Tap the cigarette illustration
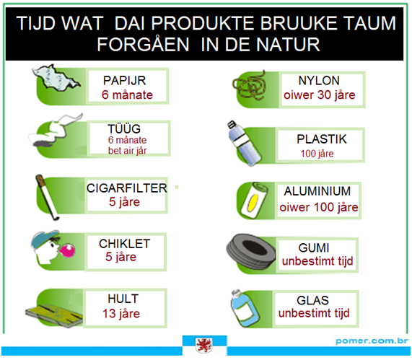(48, 197)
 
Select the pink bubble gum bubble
(67, 250)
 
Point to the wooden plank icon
(54, 315)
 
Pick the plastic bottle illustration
(244, 144)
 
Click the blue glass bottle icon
(245, 308)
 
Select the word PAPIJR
(124, 80)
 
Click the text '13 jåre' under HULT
(121, 314)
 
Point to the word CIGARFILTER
(127, 188)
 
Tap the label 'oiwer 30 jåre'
(319, 95)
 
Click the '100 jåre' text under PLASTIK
(317, 154)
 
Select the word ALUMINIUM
(317, 191)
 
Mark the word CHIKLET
(125, 244)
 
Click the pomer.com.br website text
(372, 341)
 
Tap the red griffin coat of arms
(204, 346)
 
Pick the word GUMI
(314, 247)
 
